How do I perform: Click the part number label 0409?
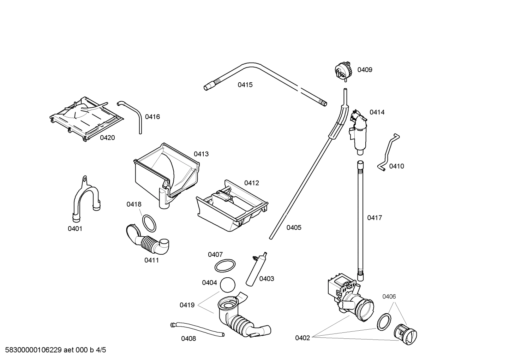(x=365, y=70)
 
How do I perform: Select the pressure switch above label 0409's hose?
(x=343, y=70)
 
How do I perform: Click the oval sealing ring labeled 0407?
(x=225, y=265)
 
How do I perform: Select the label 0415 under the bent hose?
(x=245, y=85)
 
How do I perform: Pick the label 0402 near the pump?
(x=303, y=338)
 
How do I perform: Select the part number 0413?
(x=201, y=154)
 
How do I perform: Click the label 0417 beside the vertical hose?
(x=375, y=218)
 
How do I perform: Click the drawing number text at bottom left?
(x=53, y=350)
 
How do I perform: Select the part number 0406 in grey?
(x=389, y=296)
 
